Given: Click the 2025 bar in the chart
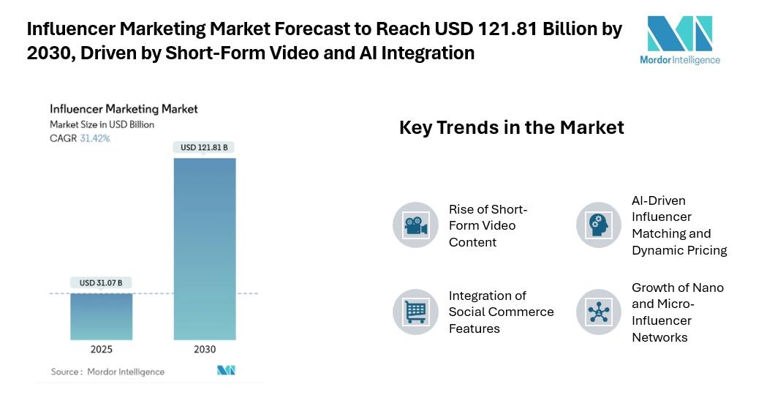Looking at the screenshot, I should pyautogui.click(x=102, y=316).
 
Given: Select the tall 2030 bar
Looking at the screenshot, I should pyautogui.click(x=205, y=249).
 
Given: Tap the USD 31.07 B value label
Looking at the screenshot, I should pyautogui.click(x=101, y=282).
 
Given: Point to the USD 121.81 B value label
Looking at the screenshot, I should pyautogui.click(x=204, y=148).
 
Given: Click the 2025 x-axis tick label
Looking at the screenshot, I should pyautogui.click(x=102, y=350).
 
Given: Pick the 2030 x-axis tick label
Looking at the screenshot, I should pyautogui.click(x=205, y=350).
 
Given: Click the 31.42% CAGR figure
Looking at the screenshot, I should pyautogui.click(x=95, y=138).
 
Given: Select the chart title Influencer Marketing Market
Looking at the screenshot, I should pyautogui.click(x=124, y=109).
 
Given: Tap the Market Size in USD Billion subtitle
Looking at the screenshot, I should pyautogui.click(x=102, y=124).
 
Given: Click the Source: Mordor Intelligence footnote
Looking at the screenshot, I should pyautogui.click(x=107, y=372).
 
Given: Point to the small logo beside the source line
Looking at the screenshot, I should pyautogui.click(x=226, y=371).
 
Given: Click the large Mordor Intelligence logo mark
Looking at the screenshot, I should pyautogui.click(x=679, y=34).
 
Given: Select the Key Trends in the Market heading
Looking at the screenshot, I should pyautogui.click(x=511, y=127).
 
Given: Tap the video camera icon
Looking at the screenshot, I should pyautogui.click(x=415, y=225).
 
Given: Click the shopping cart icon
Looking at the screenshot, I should pyautogui.click(x=415, y=312).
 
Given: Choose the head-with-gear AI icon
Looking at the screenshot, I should pyautogui.click(x=599, y=225).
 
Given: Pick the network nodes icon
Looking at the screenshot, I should pyautogui.click(x=599, y=312).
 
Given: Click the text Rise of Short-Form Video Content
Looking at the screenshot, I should pyautogui.click(x=488, y=225).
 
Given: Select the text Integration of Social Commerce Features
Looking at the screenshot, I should pyautogui.click(x=501, y=312).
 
